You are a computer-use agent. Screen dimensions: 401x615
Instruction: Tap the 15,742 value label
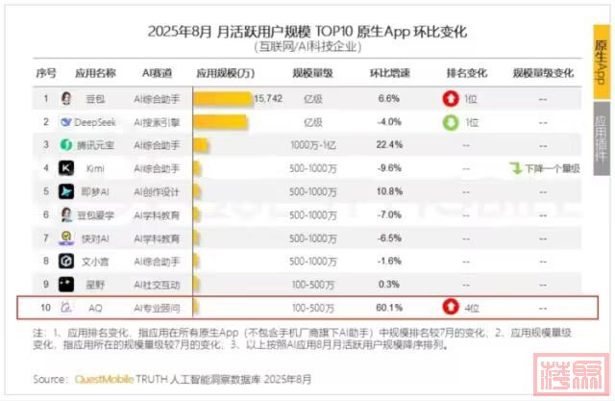pos(267,98)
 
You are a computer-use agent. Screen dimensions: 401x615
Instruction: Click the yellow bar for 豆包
pos(223,98)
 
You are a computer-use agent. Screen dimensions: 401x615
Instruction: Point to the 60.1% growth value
pos(388,307)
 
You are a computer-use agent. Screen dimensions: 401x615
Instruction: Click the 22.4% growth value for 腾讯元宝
pos(388,145)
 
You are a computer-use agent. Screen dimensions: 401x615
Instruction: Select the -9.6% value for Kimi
pos(388,168)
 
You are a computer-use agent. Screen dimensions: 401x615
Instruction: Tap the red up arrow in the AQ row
pos(450,307)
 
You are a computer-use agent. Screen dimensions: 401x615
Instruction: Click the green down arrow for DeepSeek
pos(450,122)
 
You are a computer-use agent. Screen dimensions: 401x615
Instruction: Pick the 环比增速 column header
pos(388,73)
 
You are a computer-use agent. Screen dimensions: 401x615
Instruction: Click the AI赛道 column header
pos(156,73)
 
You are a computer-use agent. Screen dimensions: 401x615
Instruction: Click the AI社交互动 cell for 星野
pos(156,284)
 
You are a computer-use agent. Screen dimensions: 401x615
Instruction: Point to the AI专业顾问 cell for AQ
pos(156,307)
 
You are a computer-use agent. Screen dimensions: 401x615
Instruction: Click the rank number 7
pos(44,238)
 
